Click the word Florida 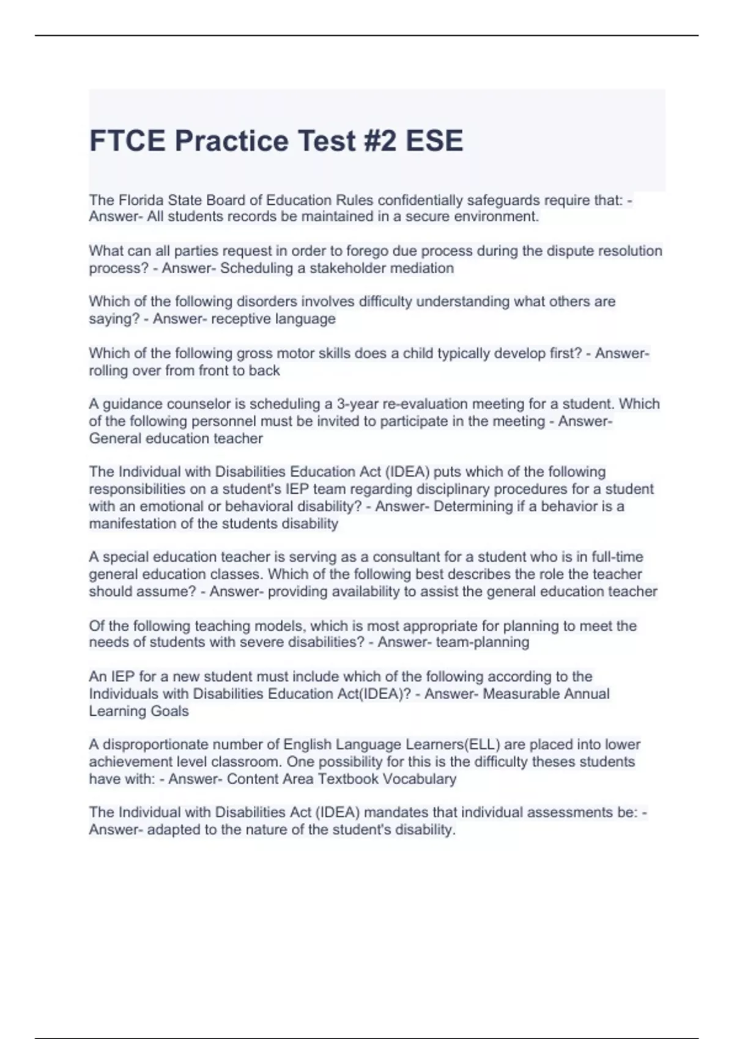tap(141, 200)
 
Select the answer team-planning tap(483, 642)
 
